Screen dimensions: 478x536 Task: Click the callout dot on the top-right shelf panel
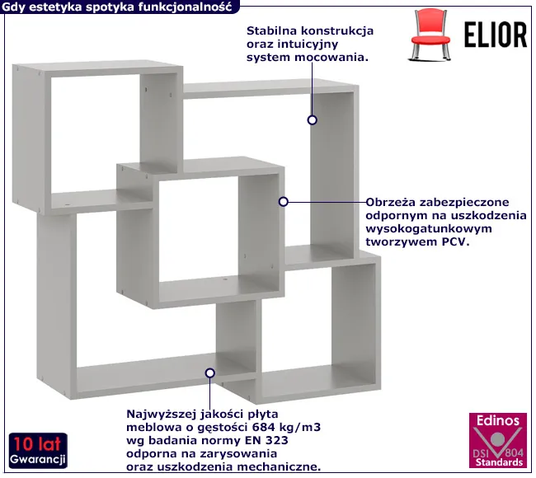click(313, 120)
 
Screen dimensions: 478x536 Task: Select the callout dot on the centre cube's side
click(283, 201)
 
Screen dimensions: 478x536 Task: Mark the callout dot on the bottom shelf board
click(209, 373)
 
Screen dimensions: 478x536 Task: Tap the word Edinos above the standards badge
click(497, 420)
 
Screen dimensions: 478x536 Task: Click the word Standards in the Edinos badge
click(496, 463)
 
